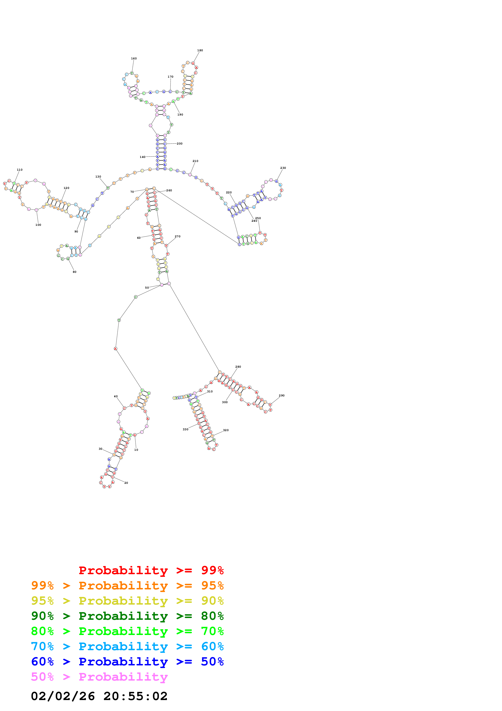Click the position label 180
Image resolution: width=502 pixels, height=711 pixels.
coord(200,50)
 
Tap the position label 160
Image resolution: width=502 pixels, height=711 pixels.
coord(134,58)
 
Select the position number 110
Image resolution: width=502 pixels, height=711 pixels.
coord(19,170)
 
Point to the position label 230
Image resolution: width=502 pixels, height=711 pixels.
coord(283,168)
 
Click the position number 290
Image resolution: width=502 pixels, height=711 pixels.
coord(281,395)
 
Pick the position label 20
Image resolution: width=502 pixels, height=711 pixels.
coord(126,483)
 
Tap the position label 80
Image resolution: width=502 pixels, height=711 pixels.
coord(75,272)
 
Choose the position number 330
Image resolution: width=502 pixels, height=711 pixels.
coord(185,429)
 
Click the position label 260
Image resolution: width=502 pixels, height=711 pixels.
coord(169,191)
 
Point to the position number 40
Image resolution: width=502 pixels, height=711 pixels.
coord(116,396)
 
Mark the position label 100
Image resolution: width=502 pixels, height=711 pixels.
coord(38,225)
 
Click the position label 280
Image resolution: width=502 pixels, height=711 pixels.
coord(238,367)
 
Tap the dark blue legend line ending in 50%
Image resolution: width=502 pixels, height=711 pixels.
coord(127,662)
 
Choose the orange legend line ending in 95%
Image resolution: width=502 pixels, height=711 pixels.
coord(127,585)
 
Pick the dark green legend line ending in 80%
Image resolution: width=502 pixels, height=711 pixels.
coord(127,616)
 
